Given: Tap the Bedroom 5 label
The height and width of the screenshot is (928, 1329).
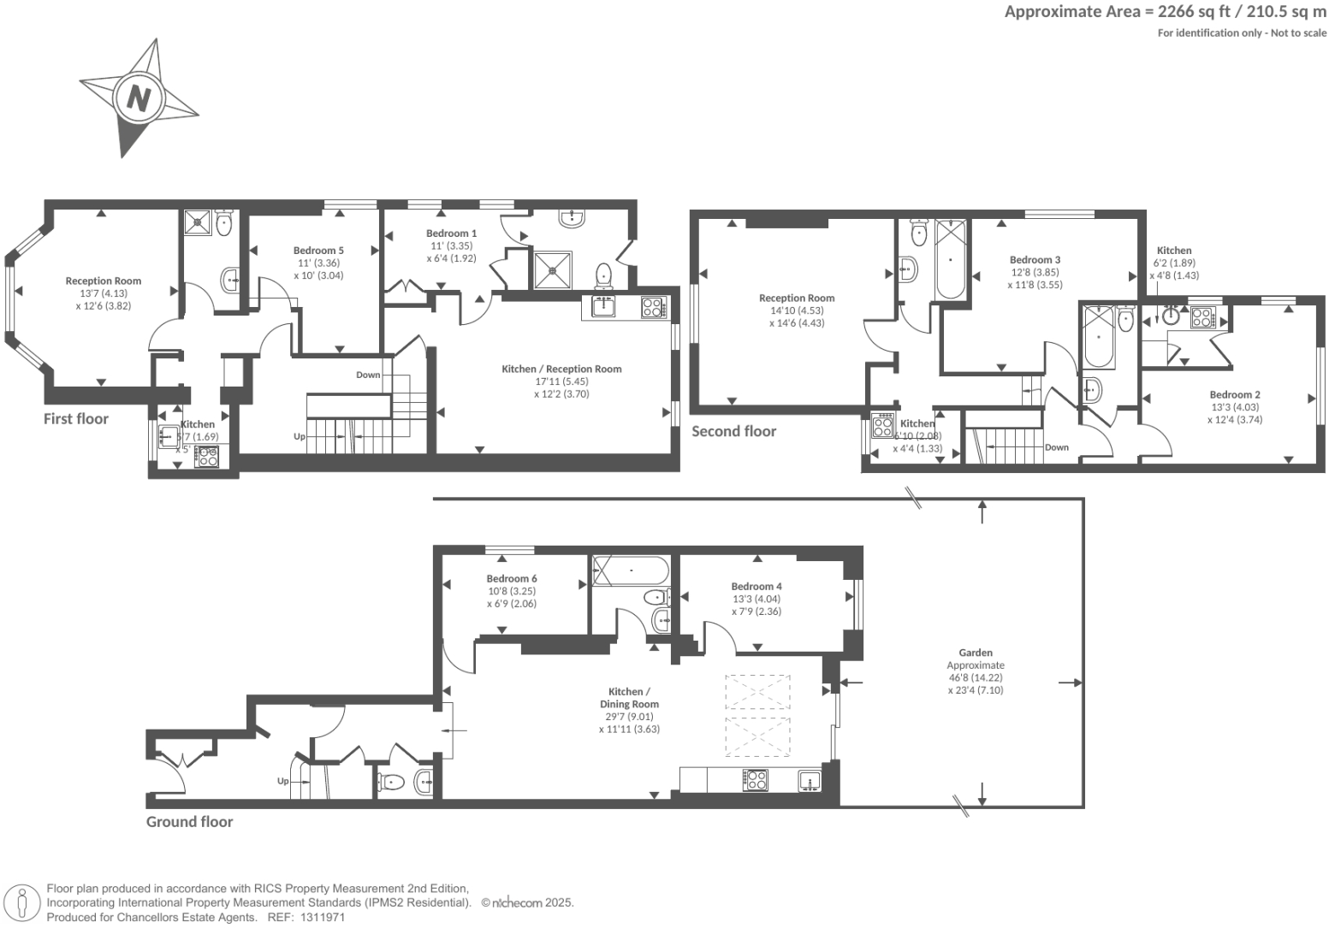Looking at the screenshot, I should point(318,251).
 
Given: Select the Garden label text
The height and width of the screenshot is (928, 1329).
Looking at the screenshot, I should point(976,653).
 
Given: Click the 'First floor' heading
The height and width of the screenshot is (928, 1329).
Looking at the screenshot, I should point(76,418).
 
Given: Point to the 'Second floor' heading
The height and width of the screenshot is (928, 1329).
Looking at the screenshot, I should point(733,431).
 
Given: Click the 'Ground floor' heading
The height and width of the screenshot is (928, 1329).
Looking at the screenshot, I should point(189,821).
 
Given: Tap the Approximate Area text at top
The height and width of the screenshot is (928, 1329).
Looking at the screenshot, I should point(1165,12).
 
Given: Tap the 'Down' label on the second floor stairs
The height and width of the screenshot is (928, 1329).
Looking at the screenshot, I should point(1056,447).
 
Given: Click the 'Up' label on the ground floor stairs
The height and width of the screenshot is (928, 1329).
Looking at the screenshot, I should point(282,781).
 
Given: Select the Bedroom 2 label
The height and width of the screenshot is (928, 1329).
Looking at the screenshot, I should point(1234,394).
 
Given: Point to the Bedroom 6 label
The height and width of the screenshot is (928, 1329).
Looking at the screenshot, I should point(512,578).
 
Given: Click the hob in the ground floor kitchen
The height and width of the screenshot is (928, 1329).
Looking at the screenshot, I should point(756,780).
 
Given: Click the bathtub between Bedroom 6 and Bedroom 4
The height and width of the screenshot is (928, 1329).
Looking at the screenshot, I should point(632,570).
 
